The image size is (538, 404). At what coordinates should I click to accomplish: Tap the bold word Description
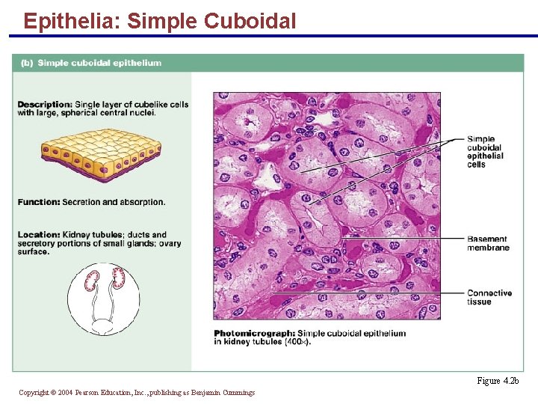pyautogui.click(x=44, y=104)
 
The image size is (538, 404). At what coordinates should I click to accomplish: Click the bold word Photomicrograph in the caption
pyautogui.click(x=253, y=333)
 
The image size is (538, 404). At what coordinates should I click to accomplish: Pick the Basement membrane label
pyautogui.click(x=488, y=243)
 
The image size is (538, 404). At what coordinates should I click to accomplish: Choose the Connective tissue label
pyautogui.click(x=489, y=297)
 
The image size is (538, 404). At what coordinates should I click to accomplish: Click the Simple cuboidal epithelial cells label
pyautogui.click(x=485, y=151)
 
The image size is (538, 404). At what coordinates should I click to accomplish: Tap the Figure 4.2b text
pyautogui.click(x=497, y=381)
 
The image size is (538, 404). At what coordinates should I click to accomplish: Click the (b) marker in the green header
pyautogui.click(x=26, y=63)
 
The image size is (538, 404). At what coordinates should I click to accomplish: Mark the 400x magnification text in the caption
pyautogui.click(x=297, y=342)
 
